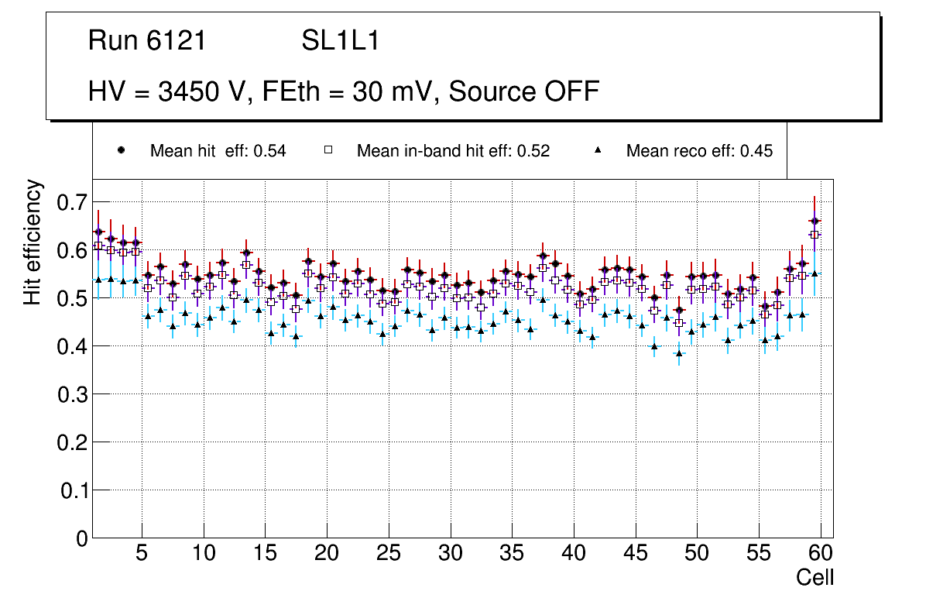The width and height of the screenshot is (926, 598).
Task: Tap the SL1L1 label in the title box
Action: click(x=340, y=41)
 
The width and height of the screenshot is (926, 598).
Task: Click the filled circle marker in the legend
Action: click(x=121, y=151)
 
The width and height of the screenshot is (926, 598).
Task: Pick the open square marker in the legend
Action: click(x=328, y=151)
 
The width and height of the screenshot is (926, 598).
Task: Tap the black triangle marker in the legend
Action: click(x=598, y=151)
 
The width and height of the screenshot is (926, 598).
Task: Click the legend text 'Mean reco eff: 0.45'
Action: click(x=699, y=151)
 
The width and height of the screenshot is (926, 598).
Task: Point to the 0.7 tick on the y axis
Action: click(x=73, y=203)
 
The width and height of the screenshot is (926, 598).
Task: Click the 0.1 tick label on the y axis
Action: click(x=73, y=490)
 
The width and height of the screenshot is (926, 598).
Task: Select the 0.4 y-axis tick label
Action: click(x=73, y=346)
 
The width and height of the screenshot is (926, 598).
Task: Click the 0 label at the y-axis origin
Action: click(x=82, y=538)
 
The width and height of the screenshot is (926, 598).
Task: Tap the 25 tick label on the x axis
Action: click(x=388, y=554)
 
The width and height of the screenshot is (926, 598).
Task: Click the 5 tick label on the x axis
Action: click(x=141, y=554)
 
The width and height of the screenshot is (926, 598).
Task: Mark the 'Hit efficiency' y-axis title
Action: click(x=33, y=242)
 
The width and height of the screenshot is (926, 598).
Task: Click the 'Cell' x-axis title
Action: click(x=815, y=577)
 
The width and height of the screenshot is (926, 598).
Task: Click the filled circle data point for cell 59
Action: click(x=815, y=222)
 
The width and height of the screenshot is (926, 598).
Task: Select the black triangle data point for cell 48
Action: click(x=679, y=353)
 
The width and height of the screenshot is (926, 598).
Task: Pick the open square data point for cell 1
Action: click(x=98, y=246)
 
